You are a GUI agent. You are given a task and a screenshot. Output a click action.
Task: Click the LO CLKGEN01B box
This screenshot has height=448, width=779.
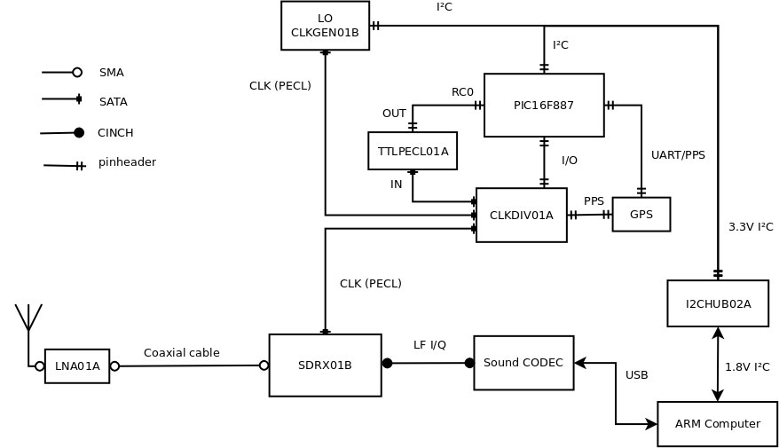click(325, 26)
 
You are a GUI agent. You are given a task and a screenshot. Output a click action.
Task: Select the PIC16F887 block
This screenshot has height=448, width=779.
click(544, 106)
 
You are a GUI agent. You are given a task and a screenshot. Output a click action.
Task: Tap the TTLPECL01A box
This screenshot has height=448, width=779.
click(413, 151)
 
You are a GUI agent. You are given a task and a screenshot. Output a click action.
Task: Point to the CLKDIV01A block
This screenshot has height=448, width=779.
click(521, 215)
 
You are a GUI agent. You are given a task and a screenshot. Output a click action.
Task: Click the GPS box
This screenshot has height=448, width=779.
click(641, 215)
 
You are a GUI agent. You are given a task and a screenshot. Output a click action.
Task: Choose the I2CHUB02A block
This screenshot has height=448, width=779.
click(718, 303)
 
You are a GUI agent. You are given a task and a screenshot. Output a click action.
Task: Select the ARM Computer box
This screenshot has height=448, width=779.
click(717, 424)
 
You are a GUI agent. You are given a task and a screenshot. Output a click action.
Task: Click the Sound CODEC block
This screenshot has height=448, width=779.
click(523, 363)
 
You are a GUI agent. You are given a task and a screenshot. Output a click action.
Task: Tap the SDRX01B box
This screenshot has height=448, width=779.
click(325, 365)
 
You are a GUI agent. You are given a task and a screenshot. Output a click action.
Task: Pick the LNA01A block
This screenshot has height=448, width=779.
click(77, 366)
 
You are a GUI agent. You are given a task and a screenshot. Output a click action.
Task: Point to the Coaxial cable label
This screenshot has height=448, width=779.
click(182, 353)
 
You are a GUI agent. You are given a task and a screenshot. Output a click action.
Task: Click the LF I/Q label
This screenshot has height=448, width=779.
click(429, 345)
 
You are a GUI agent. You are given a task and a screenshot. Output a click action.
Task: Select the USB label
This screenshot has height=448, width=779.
click(636, 375)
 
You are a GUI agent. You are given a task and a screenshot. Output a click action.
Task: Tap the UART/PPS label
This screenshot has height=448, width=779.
click(678, 155)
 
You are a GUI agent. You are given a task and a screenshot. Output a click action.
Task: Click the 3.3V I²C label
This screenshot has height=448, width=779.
click(751, 227)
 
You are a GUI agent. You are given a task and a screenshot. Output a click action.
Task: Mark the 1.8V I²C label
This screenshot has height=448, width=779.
click(747, 367)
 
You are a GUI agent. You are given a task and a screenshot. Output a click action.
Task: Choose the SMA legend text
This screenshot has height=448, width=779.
click(112, 73)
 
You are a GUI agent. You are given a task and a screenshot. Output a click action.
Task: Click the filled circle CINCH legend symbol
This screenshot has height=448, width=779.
click(79, 133)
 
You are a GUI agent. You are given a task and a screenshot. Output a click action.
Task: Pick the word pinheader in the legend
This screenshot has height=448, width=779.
click(127, 162)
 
